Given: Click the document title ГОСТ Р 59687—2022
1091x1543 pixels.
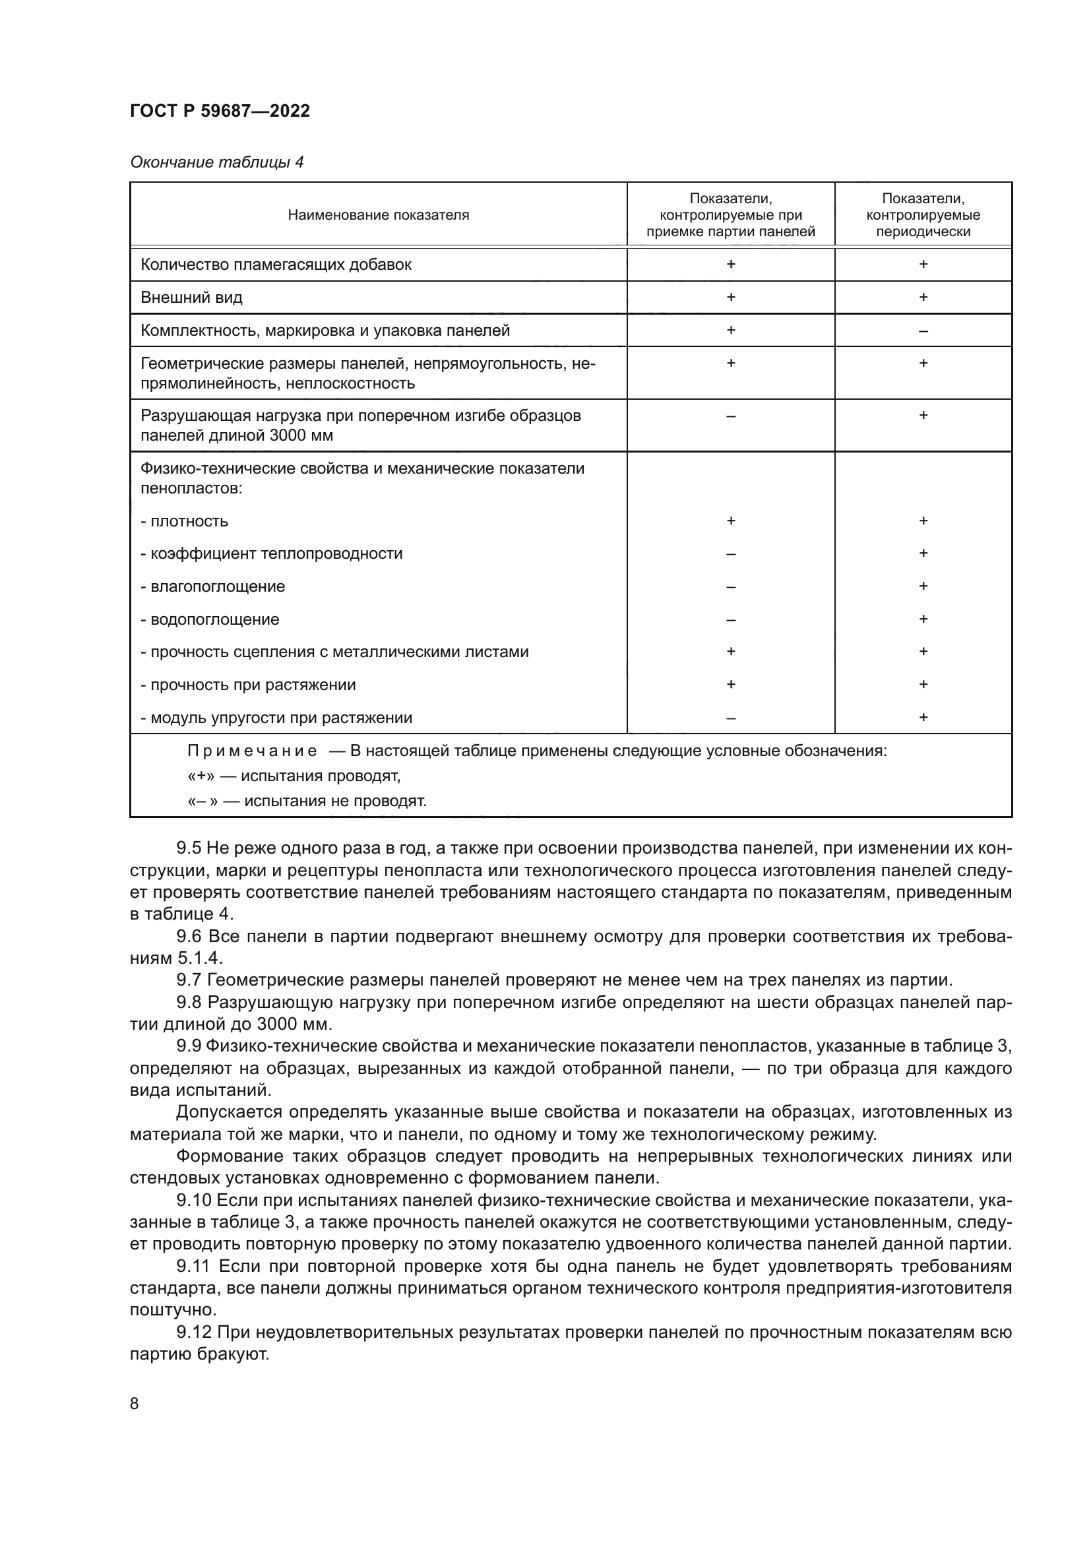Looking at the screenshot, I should click(220, 111).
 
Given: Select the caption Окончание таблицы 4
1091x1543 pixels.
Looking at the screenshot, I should click(216, 162).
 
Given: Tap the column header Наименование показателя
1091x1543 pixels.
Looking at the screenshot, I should click(378, 215).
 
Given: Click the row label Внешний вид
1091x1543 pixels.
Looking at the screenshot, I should click(191, 297).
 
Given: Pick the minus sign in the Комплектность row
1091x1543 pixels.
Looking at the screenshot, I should click(922, 331).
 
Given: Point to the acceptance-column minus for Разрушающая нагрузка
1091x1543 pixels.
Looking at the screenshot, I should click(730, 416).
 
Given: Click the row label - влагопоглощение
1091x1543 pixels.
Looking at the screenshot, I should click(213, 586).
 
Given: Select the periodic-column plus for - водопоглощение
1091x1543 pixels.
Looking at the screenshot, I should click(922, 619).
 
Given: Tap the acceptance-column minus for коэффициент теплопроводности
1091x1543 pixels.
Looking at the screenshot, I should click(730, 553).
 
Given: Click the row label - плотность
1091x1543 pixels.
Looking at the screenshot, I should click(185, 521).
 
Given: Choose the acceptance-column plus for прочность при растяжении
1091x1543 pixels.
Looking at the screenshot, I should click(730, 684).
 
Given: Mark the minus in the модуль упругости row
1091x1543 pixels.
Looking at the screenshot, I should click(730, 718).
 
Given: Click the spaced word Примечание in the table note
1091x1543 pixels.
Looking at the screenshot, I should click(252, 751).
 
